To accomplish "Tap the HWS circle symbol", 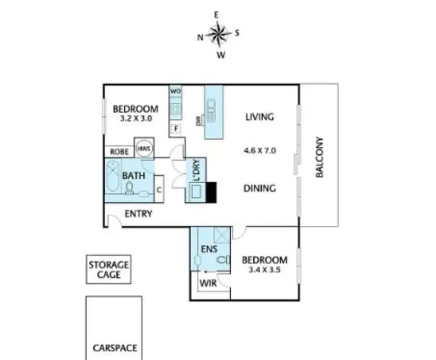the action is pos(144,148).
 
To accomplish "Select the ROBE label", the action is pos(120,152).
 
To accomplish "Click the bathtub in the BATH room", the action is pos(113,176).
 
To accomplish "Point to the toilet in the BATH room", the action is pos(130,187).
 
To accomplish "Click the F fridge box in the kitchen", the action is pos(176,129).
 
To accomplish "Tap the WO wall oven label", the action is pos(175,91).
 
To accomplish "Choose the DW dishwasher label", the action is pos(199,121).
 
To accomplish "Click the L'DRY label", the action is pos(196,170).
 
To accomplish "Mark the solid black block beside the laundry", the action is pos(211,192).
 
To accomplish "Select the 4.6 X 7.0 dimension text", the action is pos(260,151).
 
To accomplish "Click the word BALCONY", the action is pos(320,157).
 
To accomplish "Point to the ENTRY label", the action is pos(138,214).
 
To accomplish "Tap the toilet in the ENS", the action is pos(223,260).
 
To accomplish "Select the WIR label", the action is pos(208,283).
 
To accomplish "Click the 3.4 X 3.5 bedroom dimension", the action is pos(264,269).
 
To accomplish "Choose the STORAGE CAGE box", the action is pos(108,269).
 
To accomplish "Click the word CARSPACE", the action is pos(115,348).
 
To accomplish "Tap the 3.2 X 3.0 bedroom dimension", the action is pos(136,118).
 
